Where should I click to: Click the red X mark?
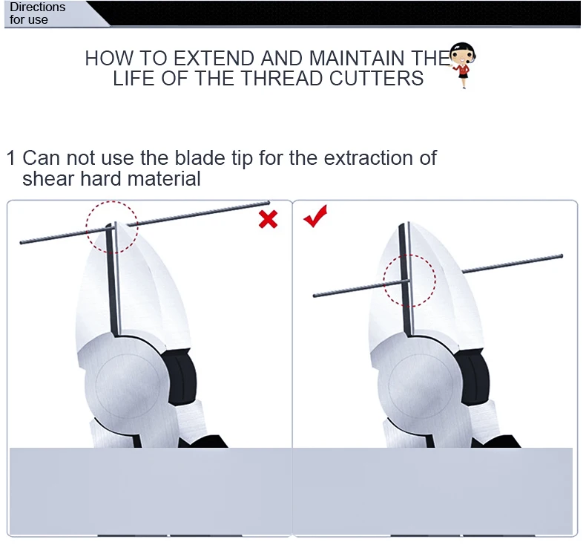pyautogui.click(x=268, y=219)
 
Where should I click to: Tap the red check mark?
pyautogui.click(x=315, y=216)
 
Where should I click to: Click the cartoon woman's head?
pyautogui.click(x=463, y=54)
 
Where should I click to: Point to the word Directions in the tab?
pyautogui.click(x=37, y=7)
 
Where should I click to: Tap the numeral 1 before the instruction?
pyautogui.click(x=11, y=158)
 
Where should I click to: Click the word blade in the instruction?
pyautogui.click(x=200, y=157)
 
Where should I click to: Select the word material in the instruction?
pyautogui.click(x=164, y=178)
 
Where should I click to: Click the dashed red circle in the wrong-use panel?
pyautogui.click(x=112, y=201)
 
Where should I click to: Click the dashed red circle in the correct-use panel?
pyautogui.click(x=409, y=255)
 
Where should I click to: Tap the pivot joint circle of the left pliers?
pyautogui.click(x=128, y=385)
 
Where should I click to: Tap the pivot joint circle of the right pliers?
pyautogui.click(x=421, y=385)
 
